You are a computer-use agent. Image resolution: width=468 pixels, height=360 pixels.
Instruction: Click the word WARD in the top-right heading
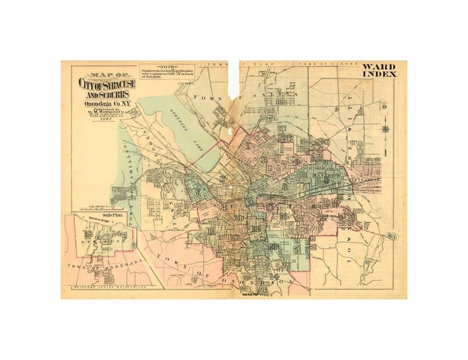(379, 67)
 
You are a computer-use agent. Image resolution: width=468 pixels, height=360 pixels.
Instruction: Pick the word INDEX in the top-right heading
(379, 74)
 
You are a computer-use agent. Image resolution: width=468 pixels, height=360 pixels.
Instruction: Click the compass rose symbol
(386, 128)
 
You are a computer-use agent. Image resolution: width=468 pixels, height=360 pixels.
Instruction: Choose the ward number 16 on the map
(284, 216)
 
